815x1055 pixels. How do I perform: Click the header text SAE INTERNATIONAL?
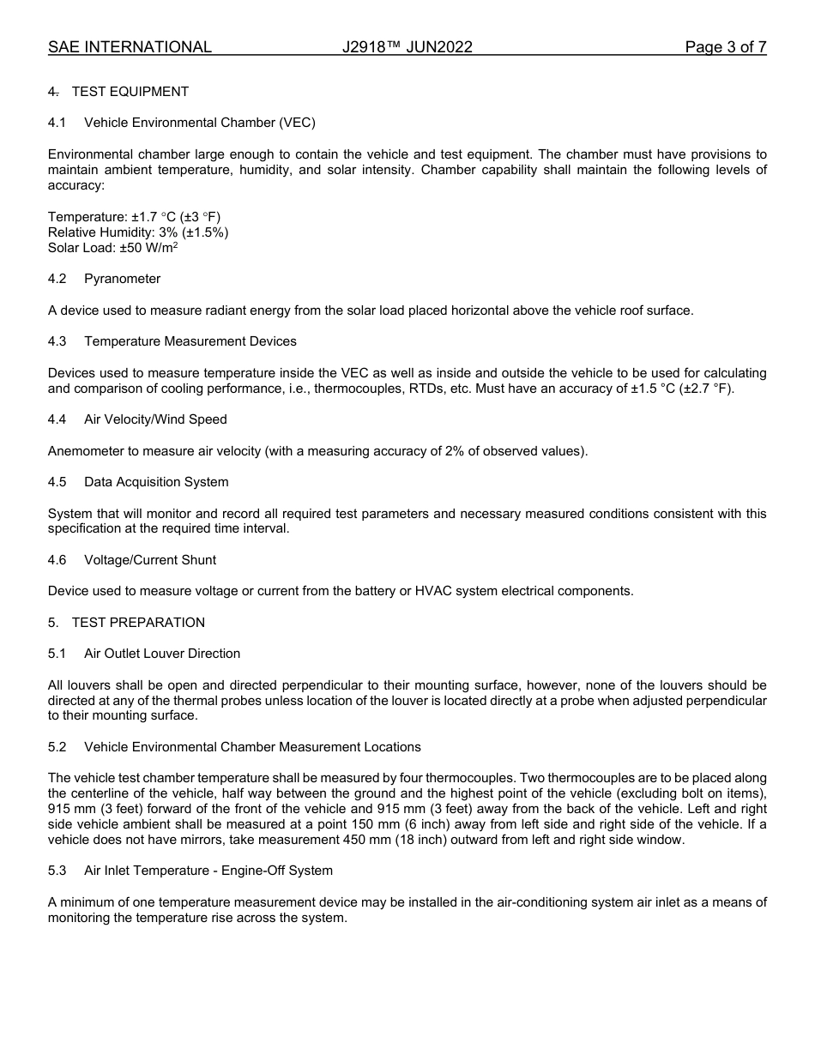(130, 47)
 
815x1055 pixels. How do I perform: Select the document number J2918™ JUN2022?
(407, 47)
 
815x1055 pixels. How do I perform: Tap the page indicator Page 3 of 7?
(725, 47)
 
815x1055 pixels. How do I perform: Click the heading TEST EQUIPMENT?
(130, 92)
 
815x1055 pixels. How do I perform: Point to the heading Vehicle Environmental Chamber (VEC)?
(199, 123)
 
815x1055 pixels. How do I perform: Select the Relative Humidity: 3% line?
(138, 232)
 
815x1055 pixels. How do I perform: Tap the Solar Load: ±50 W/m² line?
(112, 248)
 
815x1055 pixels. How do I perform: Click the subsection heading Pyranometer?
(122, 279)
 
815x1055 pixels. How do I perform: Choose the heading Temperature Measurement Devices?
(190, 341)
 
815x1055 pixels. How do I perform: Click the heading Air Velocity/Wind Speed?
(155, 419)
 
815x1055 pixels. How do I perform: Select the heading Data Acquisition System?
(156, 482)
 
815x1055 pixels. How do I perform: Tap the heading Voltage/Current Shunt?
(149, 560)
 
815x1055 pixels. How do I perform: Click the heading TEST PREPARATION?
(138, 623)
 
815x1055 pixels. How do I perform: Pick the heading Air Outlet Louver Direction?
(161, 654)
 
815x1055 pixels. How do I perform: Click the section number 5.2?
(57, 747)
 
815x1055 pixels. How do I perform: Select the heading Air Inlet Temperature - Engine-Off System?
(208, 871)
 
